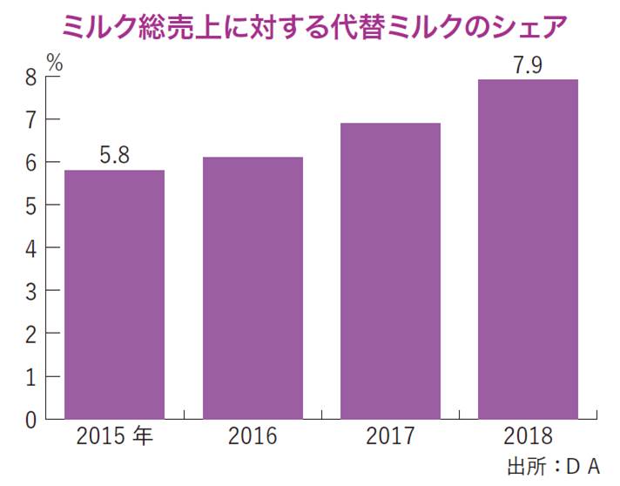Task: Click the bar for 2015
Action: (x=114, y=294)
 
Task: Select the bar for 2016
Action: (x=253, y=287)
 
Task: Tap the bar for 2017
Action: (x=390, y=271)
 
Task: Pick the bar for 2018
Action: (x=528, y=249)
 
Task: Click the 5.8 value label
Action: (x=114, y=157)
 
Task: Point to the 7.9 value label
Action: (x=528, y=64)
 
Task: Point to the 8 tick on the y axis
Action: (x=30, y=78)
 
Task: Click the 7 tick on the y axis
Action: (x=30, y=120)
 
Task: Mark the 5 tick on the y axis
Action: (x=30, y=206)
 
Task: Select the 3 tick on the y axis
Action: (x=30, y=291)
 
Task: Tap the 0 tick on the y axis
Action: (x=30, y=419)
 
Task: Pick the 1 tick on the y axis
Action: (x=30, y=376)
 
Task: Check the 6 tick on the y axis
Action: (x=30, y=163)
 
